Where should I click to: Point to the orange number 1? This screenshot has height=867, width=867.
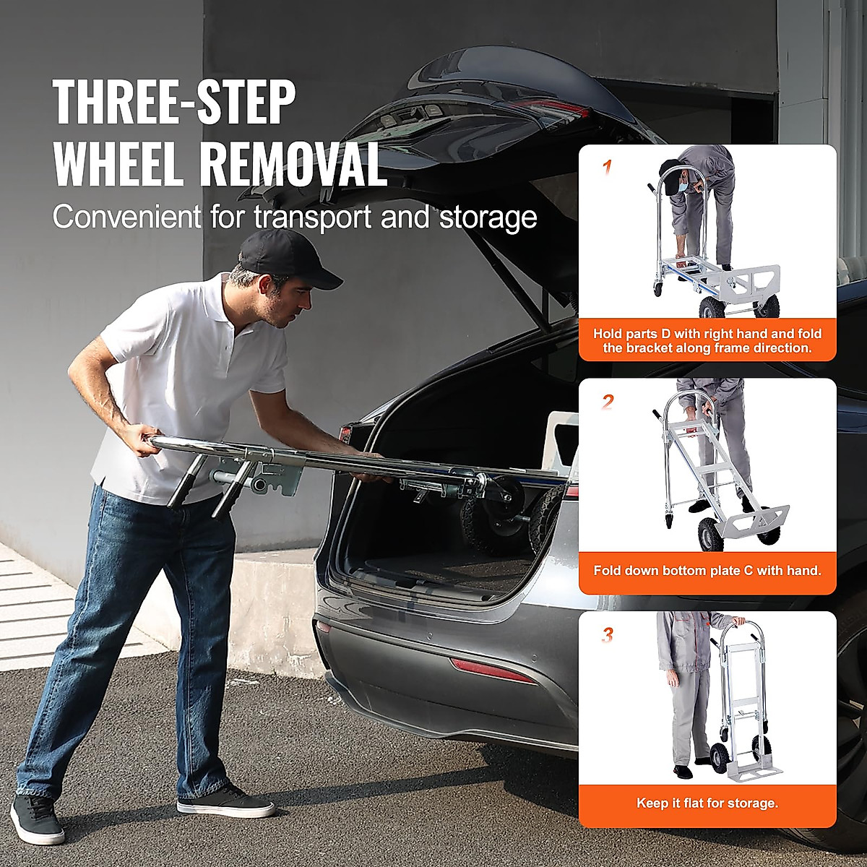[607, 168]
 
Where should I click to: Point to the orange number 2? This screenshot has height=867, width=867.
[608, 402]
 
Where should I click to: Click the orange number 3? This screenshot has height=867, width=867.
[608, 636]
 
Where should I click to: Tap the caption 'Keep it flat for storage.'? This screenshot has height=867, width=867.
[707, 803]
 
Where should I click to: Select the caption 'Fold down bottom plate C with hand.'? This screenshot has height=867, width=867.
[707, 570]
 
